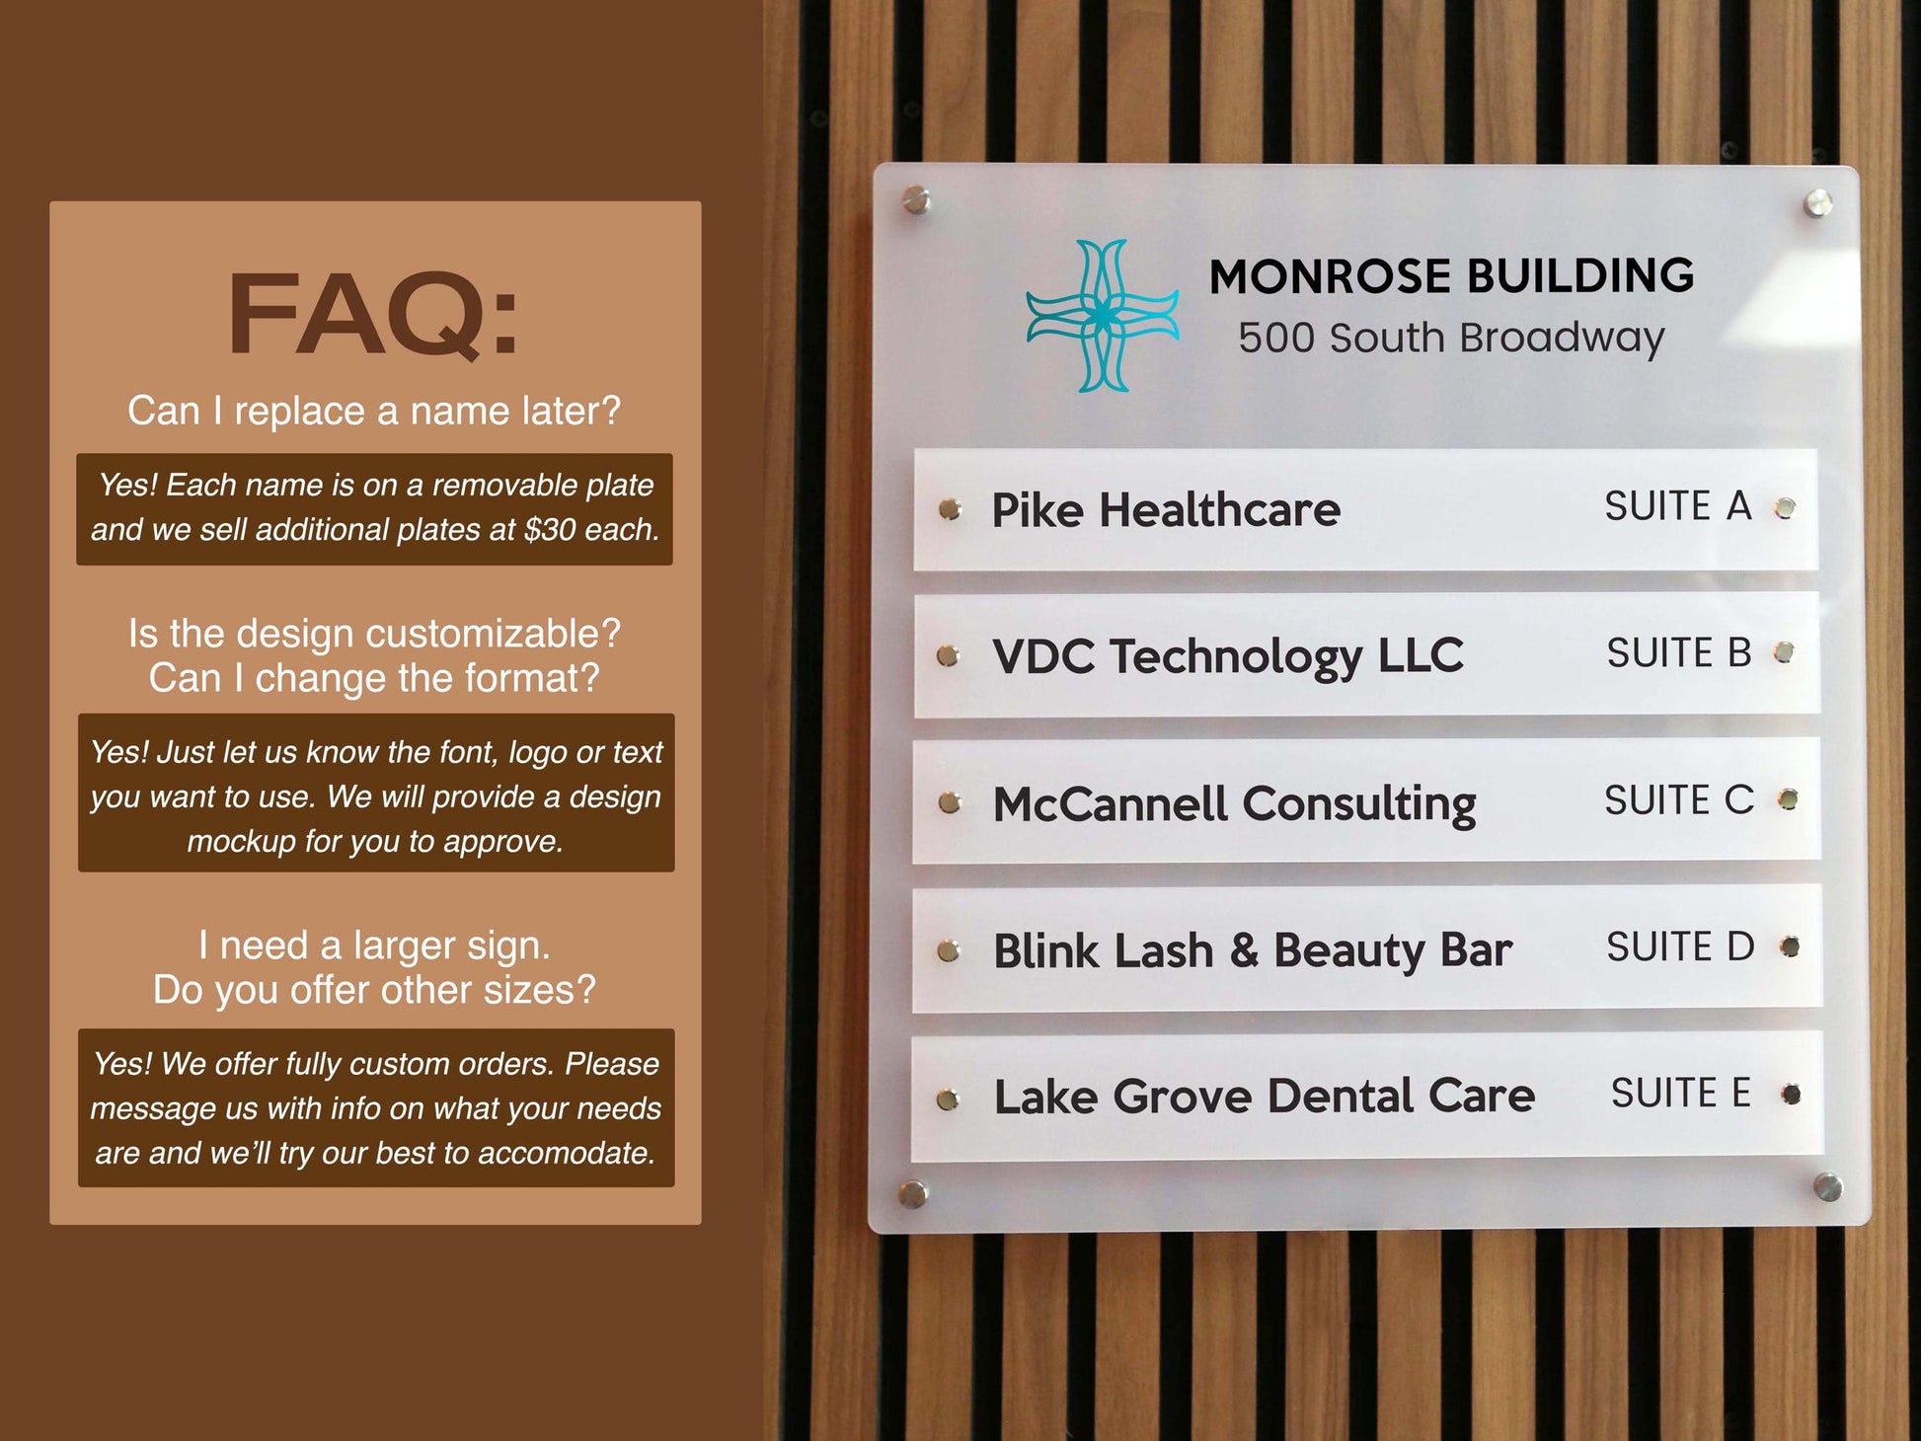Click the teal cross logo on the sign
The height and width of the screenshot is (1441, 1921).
pyautogui.click(x=1102, y=316)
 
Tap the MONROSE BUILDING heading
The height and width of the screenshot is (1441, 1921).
pyautogui.click(x=1451, y=276)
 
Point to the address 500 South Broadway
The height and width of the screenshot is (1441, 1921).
pyautogui.click(x=1451, y=338)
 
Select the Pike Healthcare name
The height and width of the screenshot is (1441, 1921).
pyautogui.click(x=1165, y=510)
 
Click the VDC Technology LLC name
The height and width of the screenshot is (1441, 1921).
pyautogui.click(x=1227, y=656)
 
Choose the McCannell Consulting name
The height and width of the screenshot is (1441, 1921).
pyautogui.click(x=1234, y=803)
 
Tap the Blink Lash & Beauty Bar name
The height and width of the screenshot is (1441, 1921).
pyautogui.click(x=1252, y=950)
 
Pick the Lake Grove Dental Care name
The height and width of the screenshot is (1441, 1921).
pyautogui.click(x=1264, y=1097)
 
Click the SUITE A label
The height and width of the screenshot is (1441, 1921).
pyautogui.click(x=1677, y=506)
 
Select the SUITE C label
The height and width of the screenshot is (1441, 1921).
pyautogui.click(x=1678, y=800)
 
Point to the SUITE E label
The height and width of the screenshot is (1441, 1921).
pyautogui.click(x=1680, y=1094)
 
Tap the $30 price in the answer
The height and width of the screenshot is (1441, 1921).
pyautogui.click(x=550, y=530)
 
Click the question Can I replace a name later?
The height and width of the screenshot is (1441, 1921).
pyautogui.click(x=374, y=411)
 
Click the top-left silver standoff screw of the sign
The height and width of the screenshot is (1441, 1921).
pyautogui.click(x=917, y=200)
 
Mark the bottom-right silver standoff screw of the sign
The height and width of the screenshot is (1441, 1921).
pyautogui.click(x=1827, y=1186)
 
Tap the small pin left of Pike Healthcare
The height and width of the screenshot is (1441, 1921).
pyautogui.click(x=950, y=509)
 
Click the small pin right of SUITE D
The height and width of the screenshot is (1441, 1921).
pyautogui.click(x=1789, y=948)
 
